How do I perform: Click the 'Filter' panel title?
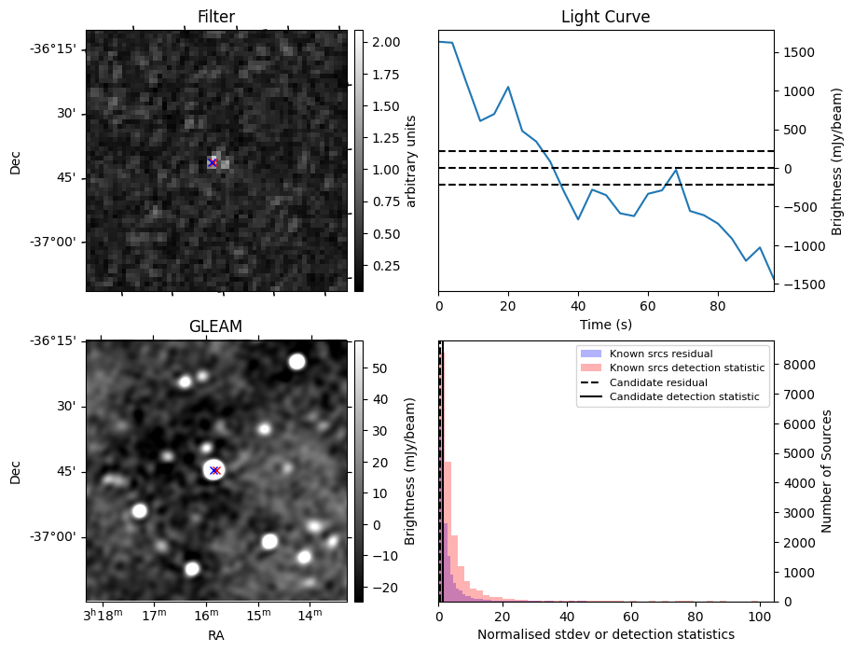pos(216,17)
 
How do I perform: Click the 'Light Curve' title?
pos(605,17)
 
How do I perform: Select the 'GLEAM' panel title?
pos(215,326)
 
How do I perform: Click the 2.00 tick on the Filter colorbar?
pos(386,42)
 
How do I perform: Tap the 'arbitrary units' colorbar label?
pos(410,160)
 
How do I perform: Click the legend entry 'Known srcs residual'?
pos(659,354)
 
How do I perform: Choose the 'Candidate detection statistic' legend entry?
pos(683,397)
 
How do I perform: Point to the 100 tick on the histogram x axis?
pos(760,617)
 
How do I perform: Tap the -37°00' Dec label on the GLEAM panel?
pos(57,536)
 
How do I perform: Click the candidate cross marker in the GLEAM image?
pos(214,470)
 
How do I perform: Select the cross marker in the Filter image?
pos(213,163)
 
